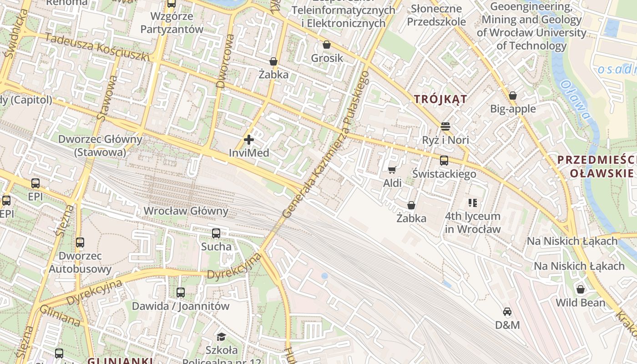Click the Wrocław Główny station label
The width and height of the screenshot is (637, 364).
186,211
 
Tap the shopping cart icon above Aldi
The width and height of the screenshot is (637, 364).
392,170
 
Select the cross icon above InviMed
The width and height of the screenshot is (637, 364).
249,140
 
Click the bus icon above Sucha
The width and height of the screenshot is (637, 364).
216,233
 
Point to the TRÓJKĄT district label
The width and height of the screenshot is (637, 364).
440,99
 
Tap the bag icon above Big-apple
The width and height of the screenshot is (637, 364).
513,96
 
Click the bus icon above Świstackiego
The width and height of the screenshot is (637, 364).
444,161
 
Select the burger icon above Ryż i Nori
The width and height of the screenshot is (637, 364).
445,126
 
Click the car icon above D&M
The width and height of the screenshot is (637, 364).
507,312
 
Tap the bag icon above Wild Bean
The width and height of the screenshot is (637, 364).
581,289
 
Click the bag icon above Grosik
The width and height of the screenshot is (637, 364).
327,45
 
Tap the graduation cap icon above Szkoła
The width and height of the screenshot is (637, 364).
221,337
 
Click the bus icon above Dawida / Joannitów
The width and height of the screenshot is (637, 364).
181,293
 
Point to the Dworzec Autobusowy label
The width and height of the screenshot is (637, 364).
80,263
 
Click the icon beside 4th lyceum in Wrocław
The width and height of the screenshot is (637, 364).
473,203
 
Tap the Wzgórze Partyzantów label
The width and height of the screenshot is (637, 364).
172,23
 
